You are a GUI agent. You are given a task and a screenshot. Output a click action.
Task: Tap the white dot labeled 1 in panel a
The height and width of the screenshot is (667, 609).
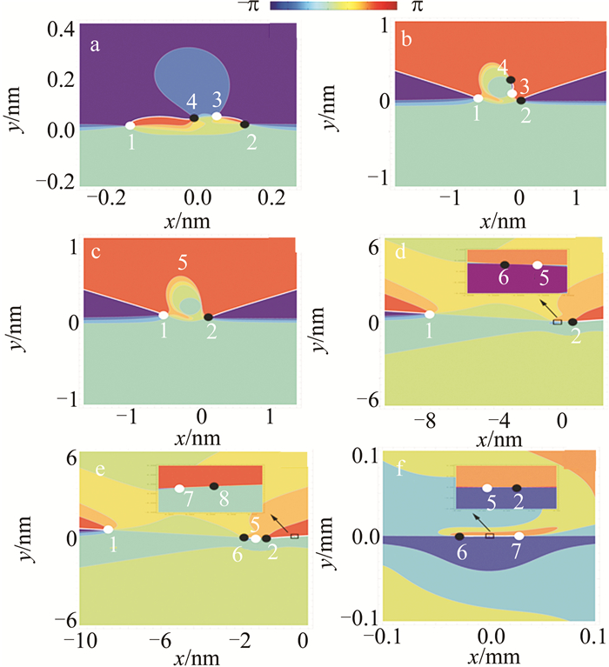[x=130, y=126]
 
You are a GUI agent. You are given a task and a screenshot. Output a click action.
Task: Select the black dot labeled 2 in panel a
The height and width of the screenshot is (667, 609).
[x=244, y=124]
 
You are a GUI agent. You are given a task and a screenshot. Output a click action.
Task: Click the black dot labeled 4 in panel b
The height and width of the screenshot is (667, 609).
[x=511, y=80]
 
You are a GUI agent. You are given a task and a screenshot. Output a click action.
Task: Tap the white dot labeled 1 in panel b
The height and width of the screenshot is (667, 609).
[x=478, y=98]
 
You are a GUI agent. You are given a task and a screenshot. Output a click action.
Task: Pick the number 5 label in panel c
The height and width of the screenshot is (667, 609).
[x=183, y=261]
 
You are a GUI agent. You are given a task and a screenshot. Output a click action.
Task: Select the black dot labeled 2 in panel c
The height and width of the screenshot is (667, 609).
[x=208, y=317]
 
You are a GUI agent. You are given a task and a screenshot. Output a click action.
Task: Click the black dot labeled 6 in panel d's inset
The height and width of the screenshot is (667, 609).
[x=505, y=264]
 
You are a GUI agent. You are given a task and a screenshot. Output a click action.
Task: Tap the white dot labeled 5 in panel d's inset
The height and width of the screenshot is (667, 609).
[x=538, y=264]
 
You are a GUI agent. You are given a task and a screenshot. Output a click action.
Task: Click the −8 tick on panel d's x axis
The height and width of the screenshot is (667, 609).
[x=426, y=422]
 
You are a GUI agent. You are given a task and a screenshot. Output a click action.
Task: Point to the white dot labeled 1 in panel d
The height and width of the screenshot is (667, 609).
[x=429, y=314]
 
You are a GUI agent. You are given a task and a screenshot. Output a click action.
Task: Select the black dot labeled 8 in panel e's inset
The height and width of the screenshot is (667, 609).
[x=213, y=485]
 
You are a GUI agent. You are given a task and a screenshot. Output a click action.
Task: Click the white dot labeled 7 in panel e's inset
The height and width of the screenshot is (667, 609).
[x=179, y=488]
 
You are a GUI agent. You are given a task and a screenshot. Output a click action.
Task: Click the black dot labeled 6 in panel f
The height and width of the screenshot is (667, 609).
[x=459, y=536]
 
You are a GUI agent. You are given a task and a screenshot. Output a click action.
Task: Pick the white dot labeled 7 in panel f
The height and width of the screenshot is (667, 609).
[x=519, y=536]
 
